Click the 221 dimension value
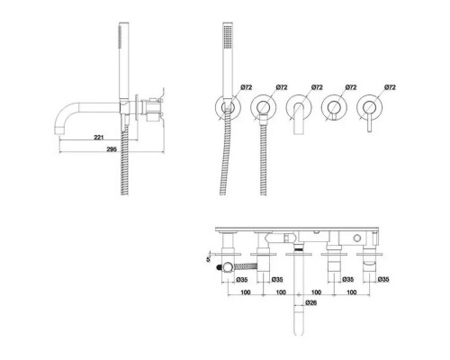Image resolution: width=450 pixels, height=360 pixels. tap(99, 138)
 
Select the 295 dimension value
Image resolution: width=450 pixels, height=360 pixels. tap(112, 149)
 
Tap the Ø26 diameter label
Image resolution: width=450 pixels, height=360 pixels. tap(311, 302)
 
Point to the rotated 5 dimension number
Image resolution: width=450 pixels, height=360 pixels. tap(209, 259)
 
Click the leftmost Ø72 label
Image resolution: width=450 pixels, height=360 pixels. tap(247, 87)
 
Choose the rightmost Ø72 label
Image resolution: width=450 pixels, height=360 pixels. tap(390, 87)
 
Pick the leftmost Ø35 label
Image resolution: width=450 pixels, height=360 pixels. tap(242, 280)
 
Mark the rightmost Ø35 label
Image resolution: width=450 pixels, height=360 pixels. tap(383, 280)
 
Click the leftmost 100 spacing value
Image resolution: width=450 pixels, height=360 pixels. tap(246, 292)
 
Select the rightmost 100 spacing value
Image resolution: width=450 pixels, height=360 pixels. tap(352, 292)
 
